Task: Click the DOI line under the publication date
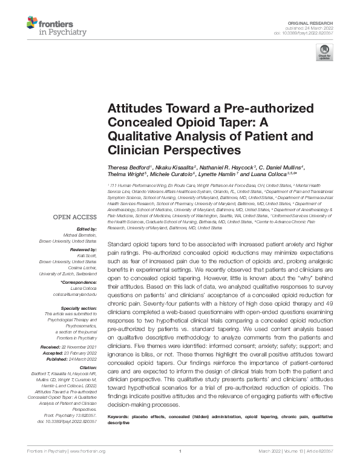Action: (x=307, y=32)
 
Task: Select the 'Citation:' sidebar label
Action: (x=87, y=367)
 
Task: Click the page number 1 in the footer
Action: (x=180, y=451)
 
